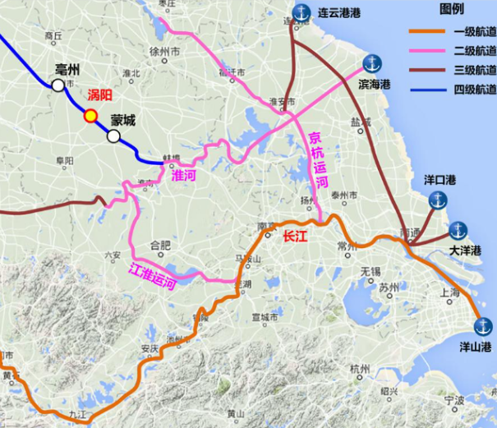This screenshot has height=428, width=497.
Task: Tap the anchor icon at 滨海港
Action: click(x=371, y=63)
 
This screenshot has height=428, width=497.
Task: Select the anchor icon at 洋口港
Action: click(x=437, y=200)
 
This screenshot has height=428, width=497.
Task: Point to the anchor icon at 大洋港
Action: click(x=456, y=232)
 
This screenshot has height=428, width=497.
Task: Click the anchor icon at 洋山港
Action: click(x=477, y=326)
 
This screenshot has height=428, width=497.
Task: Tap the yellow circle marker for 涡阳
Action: click(x=90, y=116)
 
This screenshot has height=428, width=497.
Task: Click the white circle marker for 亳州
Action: click(x=58, y=85)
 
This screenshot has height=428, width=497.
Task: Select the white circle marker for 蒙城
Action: click(x=113, y=136)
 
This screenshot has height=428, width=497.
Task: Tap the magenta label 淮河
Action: click(x=183, y=175)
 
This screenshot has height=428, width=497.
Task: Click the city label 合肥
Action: click(x=161, y=245)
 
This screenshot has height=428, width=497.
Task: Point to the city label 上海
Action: click(x=450, y=292)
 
